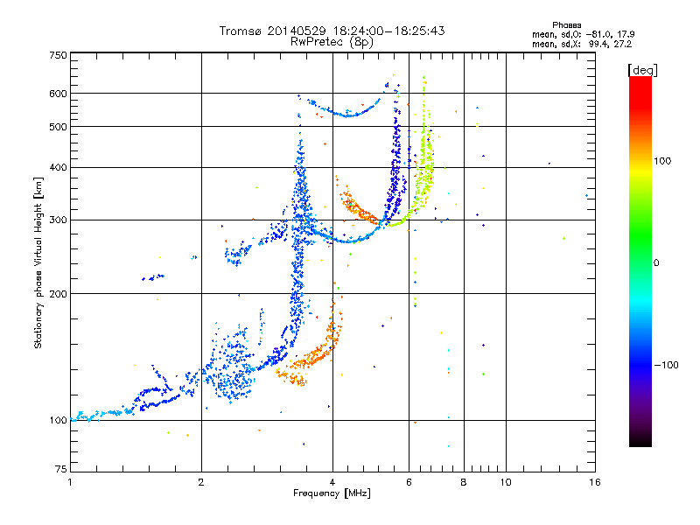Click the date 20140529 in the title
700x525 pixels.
coord(297,31)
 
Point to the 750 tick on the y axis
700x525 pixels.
coord(59,55)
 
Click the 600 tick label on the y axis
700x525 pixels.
coord(59,94)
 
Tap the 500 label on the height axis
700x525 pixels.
coord(59,127)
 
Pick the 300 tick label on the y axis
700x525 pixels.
coord(59,220)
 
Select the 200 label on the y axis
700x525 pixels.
coord(59,294)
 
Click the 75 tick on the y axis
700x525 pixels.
coord(61,469)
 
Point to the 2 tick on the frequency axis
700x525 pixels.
coord(201,482)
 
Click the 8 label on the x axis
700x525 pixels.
coord(464,482)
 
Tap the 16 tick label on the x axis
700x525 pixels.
coord(595,482)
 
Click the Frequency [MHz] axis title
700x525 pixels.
coord(332,493)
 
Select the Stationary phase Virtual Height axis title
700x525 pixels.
coord(38,262)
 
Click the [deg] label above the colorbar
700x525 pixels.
coord(642,70)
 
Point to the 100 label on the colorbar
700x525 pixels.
coord(662,161)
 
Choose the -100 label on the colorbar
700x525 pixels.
coord(667,365)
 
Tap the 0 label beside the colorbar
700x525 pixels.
coord(656,263)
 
